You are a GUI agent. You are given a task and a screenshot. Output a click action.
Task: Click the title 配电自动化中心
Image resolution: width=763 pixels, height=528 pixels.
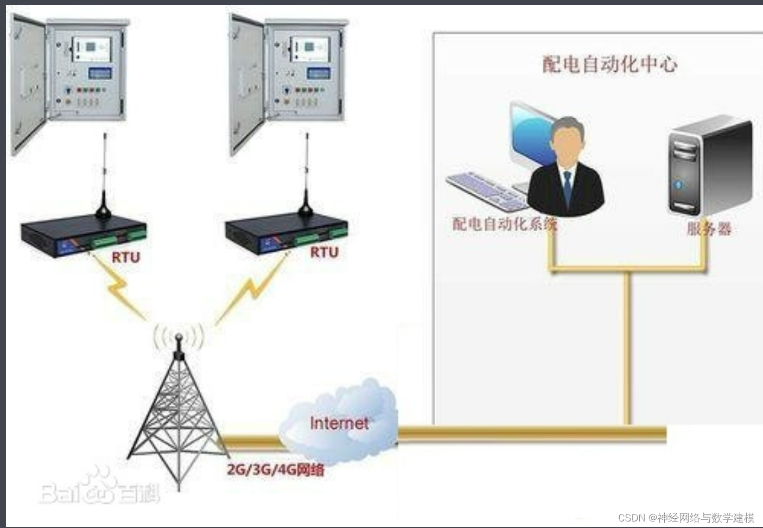tap(609, 65)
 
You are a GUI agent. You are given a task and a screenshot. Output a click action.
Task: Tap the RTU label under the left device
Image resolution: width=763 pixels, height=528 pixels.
tap(126, 257)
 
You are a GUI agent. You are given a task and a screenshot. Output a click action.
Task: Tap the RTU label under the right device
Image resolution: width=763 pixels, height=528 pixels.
tap(324, 252)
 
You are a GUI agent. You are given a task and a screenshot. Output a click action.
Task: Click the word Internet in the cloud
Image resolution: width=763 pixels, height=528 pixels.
tap(339, 423)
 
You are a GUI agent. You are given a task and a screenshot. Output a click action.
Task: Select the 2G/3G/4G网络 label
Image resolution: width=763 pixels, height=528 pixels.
tap(276, 469)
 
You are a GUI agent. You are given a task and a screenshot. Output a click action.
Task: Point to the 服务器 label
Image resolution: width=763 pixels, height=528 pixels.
tap(709, 229)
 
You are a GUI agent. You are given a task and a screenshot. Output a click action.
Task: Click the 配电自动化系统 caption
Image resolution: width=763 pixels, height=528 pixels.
tap(504, 224)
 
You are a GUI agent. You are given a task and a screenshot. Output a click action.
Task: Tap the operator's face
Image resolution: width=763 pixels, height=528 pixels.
tap(567, 144)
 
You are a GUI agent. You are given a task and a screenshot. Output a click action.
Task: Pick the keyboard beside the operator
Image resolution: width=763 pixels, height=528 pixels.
tap(486, 190)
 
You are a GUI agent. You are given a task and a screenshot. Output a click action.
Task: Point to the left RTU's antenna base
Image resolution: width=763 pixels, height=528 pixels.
tap(103, 209)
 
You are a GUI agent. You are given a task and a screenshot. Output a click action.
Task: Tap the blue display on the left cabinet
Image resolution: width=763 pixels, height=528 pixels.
tap(100, 73)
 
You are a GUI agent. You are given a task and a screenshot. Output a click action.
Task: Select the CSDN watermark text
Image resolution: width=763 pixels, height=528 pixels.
tap(686, 517)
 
